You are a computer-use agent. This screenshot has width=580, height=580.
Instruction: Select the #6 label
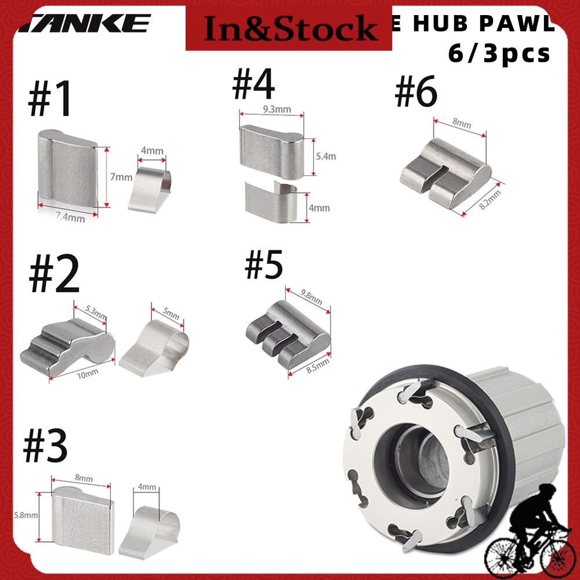point(416,93)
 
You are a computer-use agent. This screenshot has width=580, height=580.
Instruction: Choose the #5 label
point(264,264)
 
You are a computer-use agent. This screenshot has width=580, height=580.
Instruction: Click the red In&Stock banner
point(288,27)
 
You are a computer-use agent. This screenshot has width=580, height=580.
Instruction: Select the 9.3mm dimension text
point(271,108)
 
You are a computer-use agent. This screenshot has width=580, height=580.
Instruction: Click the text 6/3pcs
point(499,53)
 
